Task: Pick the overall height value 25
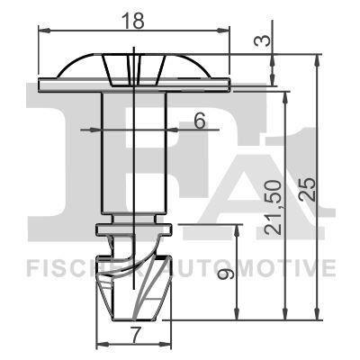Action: [x=307, y=187]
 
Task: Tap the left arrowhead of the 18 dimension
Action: [x=42, y=29]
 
